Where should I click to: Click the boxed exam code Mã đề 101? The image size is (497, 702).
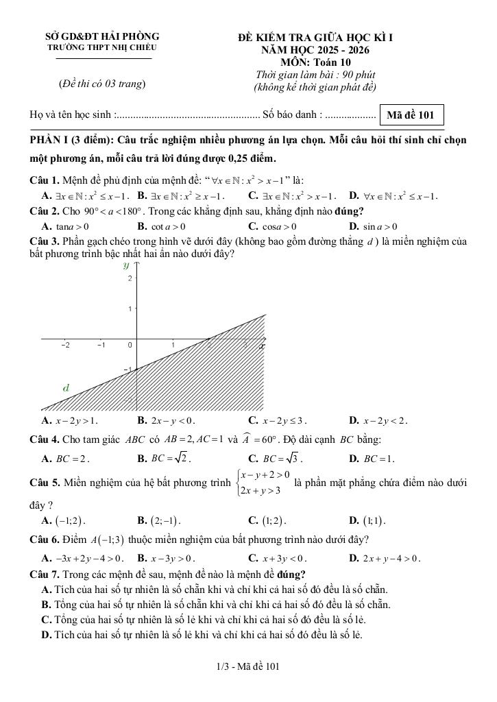click(x=411, y=115)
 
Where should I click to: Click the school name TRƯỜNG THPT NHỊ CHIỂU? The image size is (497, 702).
click(x=101, y=48)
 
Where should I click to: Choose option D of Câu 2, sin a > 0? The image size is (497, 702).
click(x=374, y=226)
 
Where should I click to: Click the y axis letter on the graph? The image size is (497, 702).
click(x=125, y=264)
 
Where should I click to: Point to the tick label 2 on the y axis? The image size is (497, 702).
click(x=129, y=278)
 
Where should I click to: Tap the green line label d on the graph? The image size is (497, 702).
click(x=66, y=387)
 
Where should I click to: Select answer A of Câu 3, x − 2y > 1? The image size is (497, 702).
click(x=69, y=420)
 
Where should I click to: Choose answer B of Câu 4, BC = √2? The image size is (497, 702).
click(x=165, y=458)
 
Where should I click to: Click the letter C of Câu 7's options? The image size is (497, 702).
click(x=47, y=620)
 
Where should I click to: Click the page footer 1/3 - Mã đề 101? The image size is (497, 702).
click(x=247, y=666)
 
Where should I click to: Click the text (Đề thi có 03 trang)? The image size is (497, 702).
click(x=102, y=84)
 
